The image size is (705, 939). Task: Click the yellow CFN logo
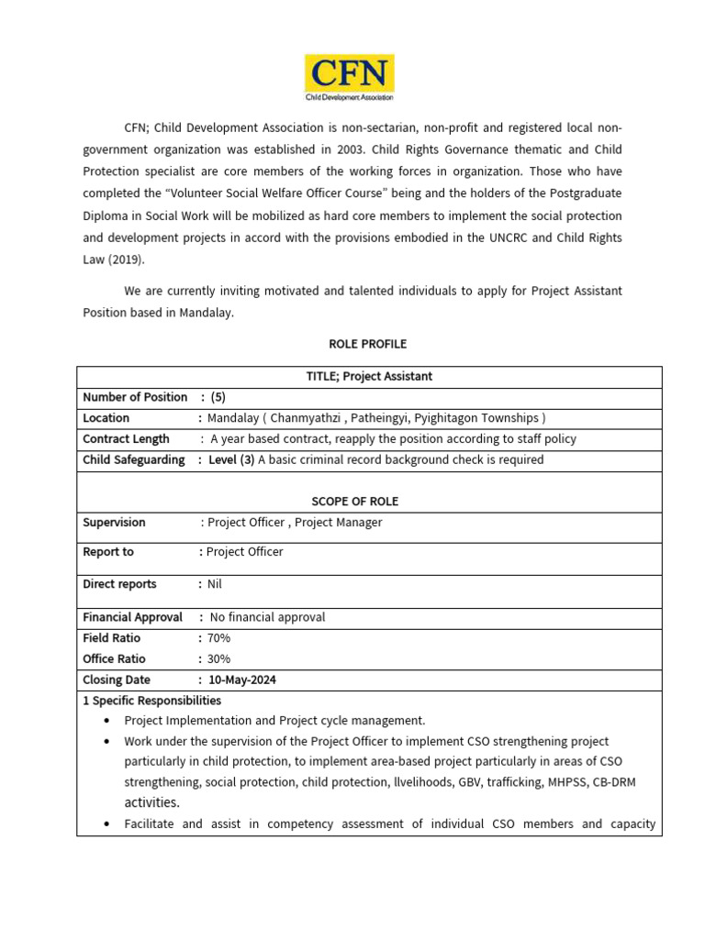pos(349,77)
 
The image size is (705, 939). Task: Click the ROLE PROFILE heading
pos(367,344)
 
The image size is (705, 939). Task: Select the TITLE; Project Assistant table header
pos(369,376)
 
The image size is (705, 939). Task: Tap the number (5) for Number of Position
pos(218,397)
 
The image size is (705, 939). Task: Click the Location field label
pos(106,418)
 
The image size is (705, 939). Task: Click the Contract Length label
pos(126,439)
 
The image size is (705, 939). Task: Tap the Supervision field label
pos(114,523)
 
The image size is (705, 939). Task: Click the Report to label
pos(108,552)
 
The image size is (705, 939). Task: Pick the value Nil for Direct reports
pos(215,584)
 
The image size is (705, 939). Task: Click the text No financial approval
pos(267,617)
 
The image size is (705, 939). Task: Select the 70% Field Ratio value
pos(218,638)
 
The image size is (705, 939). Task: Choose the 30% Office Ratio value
pos(218,658)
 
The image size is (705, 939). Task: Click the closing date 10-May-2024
pos(242,680)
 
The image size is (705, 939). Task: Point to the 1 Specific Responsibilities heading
pos(151,701)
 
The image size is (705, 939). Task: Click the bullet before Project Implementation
pos(107,721)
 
